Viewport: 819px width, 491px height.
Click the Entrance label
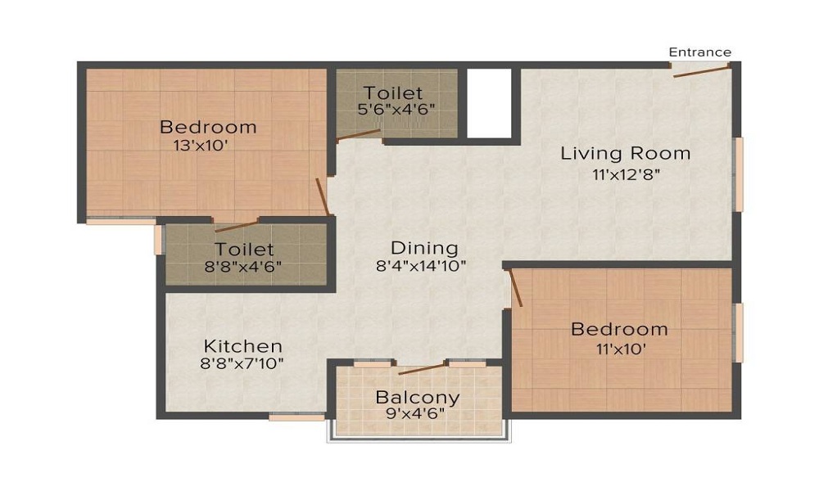700,52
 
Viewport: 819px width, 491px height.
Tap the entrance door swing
702,70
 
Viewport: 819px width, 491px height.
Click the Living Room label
625,153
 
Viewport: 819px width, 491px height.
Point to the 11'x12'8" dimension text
625,173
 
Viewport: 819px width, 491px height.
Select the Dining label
423,247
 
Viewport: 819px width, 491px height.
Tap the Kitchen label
243,345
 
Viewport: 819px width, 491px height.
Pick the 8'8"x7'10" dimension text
243,364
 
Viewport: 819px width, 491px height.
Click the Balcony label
418,398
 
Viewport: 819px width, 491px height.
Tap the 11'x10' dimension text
619,348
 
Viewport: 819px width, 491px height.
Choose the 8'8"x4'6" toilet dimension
244,266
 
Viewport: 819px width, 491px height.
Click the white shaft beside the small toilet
489,103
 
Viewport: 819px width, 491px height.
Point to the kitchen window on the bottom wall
296,417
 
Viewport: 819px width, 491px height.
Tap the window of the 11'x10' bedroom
738,332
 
